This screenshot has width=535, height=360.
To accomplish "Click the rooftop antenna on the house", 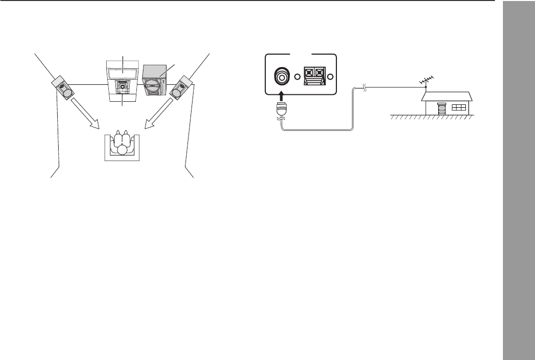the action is point(426,80).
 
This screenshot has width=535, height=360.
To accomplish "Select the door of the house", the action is point(441,109).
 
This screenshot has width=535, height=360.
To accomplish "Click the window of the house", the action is point(458,108).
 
